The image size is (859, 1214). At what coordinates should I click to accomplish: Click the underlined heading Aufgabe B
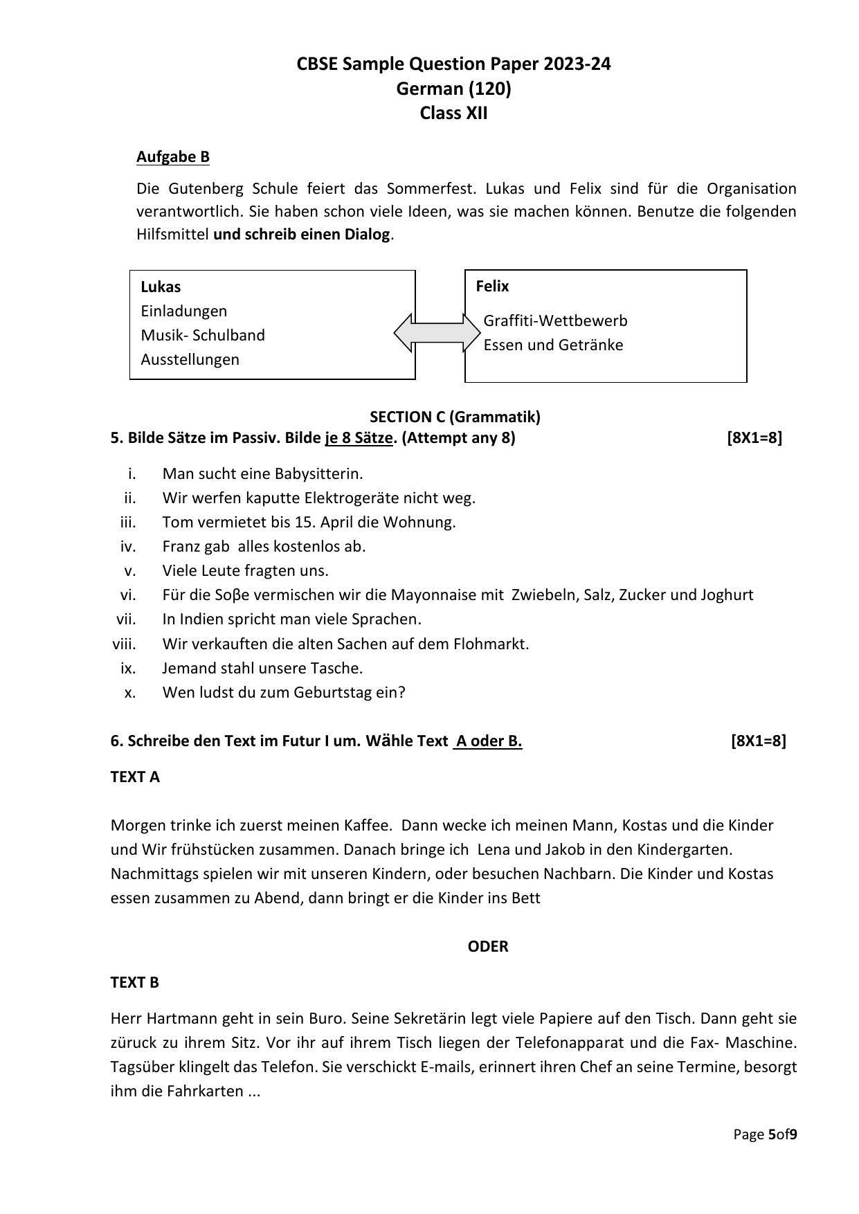[x=172, y=157]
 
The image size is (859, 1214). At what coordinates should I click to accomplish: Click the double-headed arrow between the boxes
[x=437, y=333]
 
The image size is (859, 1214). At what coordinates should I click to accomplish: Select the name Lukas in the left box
[x=161, y=287]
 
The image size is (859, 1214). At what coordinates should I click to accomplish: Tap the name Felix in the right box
[x=492, y=286]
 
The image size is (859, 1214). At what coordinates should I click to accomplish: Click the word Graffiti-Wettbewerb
[x=555, y=320]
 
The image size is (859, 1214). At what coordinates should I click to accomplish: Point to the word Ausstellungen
[x=190, y=359]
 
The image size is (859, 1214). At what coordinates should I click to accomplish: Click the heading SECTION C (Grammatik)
[x=455, y=417]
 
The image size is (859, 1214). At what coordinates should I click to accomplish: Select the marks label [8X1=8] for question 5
[x=754, y=437]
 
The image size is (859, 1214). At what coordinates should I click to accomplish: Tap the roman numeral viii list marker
[x=125, y=644]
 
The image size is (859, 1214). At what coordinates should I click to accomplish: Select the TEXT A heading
[x=135, y=777]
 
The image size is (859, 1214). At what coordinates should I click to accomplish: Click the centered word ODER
[x=487, y=946]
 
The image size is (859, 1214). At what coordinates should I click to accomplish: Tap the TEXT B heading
[x=135, y=982]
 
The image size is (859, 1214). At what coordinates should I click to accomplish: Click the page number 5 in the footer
[x=772, y=1134]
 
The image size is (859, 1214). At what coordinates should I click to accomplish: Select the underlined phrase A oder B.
[x=488, y=741]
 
